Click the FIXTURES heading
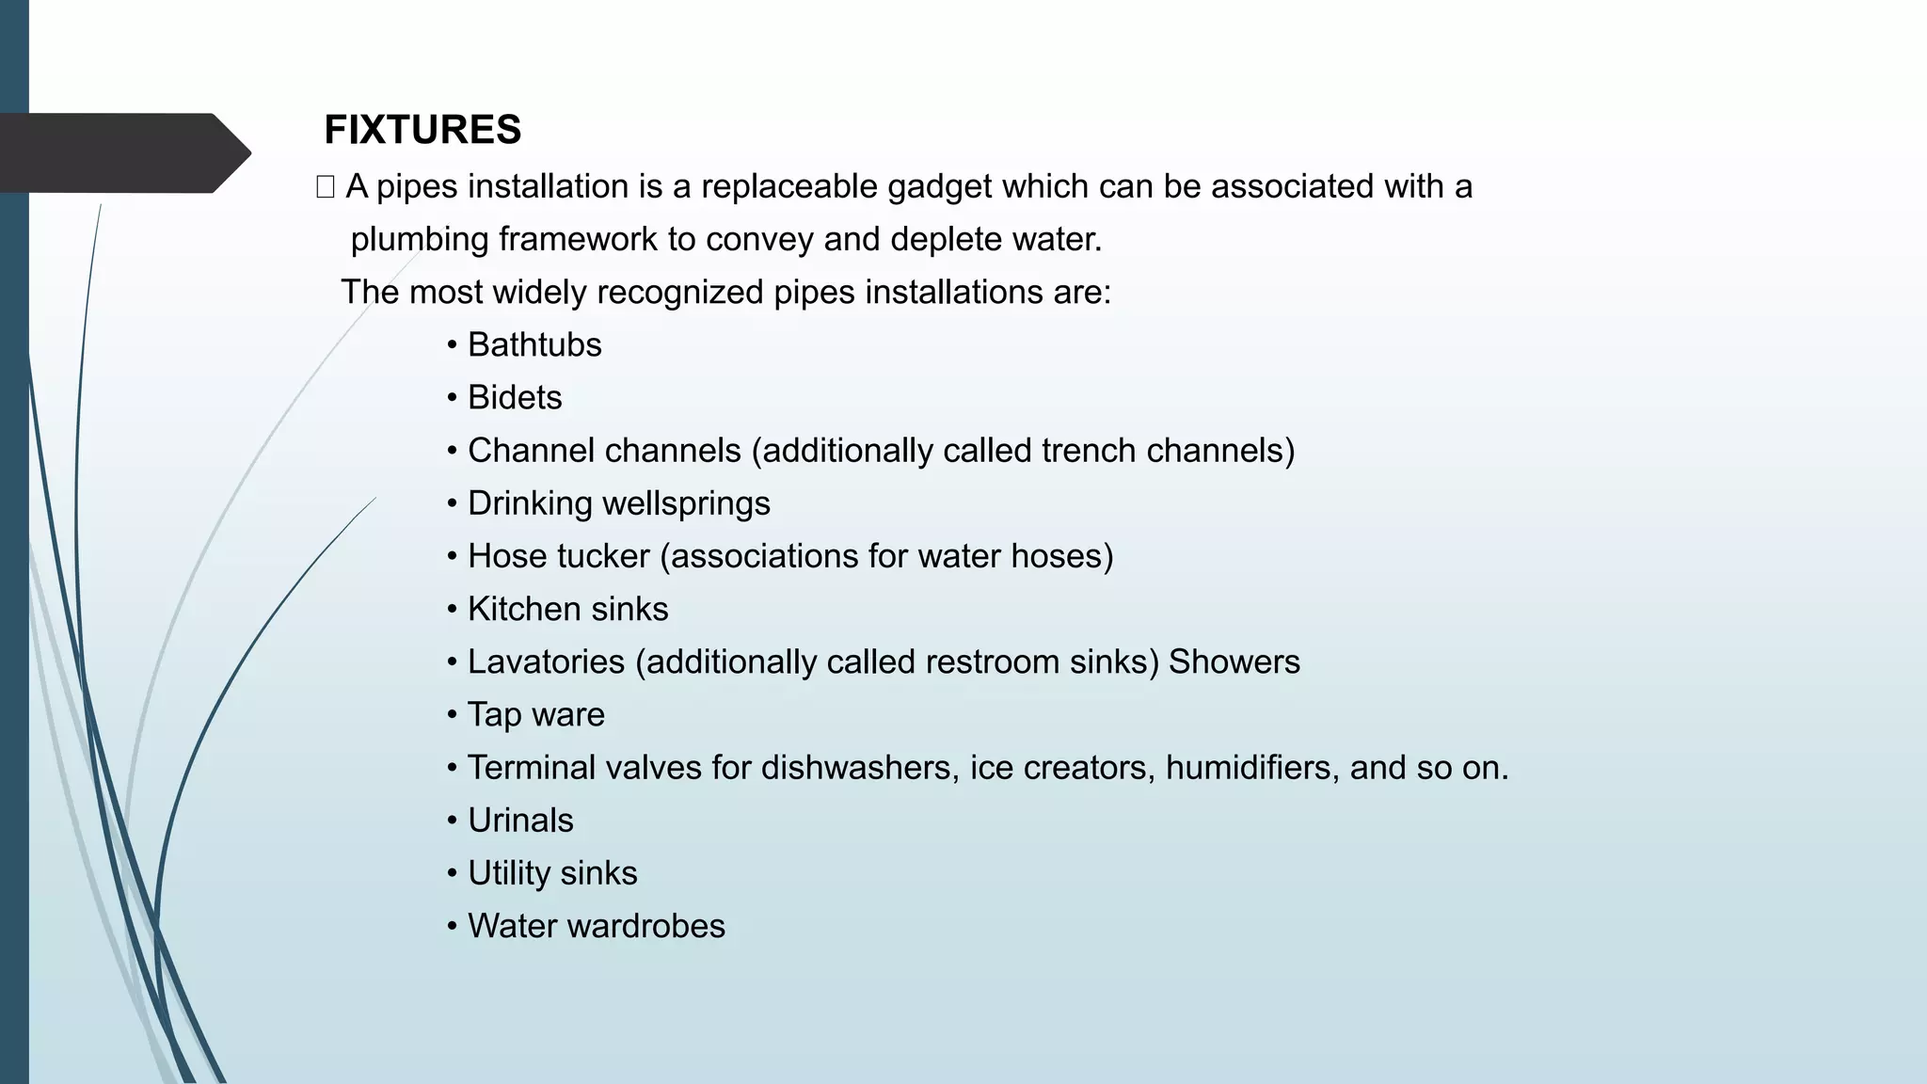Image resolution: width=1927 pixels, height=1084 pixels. (x=422, y=130)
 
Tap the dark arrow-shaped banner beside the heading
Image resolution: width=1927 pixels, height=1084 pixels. (x=122, y=153)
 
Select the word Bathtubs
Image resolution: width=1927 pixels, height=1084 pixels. (x=534, y=345)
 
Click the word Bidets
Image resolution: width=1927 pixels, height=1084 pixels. (x=515, y=398)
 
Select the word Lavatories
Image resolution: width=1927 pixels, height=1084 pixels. (x=546, y=662)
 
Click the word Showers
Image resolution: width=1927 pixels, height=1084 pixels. (x=1234, y=662)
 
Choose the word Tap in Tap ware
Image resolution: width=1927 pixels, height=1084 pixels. (x=494, y=715)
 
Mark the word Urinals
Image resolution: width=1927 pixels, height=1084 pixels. (x=520, y=821)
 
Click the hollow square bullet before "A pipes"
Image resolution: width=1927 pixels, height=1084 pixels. (x=326, y=187)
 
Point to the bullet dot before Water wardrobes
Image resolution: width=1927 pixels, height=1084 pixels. (x=453, y=926)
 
